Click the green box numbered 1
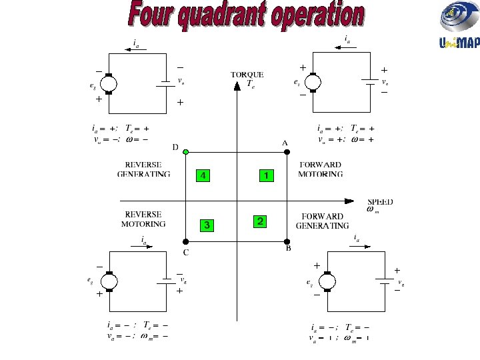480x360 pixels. coord(266,175)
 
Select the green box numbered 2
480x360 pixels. coord(261,221)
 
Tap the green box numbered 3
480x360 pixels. coord(207,225)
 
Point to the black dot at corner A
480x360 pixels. coord(287,152)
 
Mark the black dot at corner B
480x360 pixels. coord(287,241)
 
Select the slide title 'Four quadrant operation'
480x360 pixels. coord(247,16)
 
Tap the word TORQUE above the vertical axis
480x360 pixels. coord(247,75)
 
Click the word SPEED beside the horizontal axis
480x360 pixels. coord(380,201)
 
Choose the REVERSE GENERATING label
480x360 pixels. coord(143,169)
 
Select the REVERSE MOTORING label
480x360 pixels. coord(143,219)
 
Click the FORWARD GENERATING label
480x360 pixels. coord(321,221)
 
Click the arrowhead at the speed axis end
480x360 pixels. coord(348,200)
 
